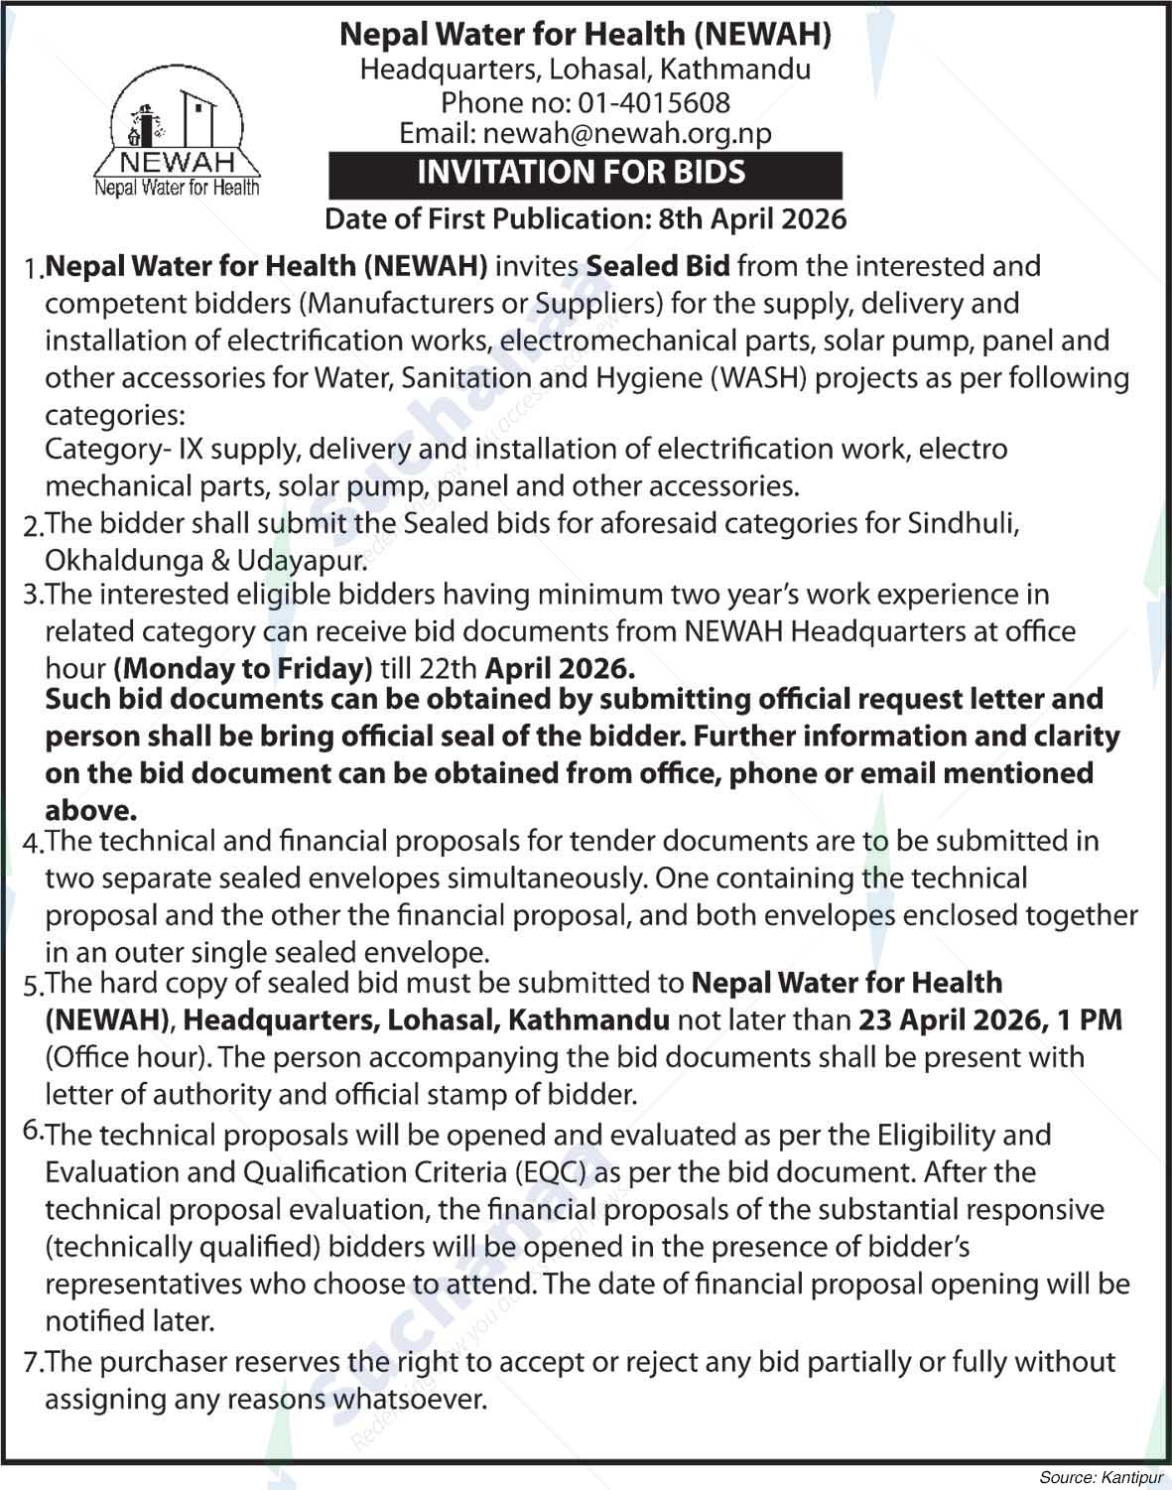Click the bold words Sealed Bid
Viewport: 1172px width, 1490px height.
click(658, 266)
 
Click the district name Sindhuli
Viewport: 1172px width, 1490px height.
click(963, 523)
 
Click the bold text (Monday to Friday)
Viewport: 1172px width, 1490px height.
click(243, 668)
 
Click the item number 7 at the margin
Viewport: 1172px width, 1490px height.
click(30, 1363)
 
